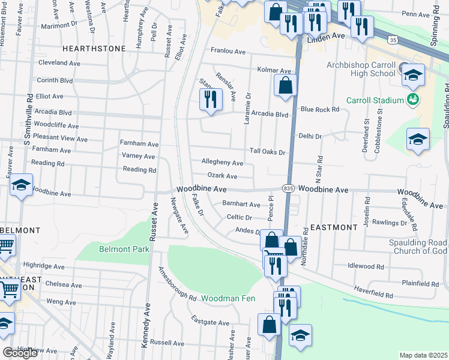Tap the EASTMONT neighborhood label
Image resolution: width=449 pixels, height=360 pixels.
point(335,227)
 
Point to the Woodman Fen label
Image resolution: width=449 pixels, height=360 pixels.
point(228,298)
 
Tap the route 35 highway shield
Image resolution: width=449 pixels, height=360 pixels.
point(393,40)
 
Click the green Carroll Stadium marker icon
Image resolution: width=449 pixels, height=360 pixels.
point(412,99)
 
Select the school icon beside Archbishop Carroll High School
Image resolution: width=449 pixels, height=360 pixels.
point(413,74)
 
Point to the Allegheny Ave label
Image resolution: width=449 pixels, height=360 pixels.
point(222,163)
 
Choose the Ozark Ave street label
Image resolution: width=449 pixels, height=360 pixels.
point(222,176)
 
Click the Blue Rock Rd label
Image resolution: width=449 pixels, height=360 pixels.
point(320,109)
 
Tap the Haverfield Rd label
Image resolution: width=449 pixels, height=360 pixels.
point(373,295)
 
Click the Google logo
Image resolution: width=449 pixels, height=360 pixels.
point(20,353)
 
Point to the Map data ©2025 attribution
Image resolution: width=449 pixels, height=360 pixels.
point(423,355)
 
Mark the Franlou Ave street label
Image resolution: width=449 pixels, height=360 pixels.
point(228,51)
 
